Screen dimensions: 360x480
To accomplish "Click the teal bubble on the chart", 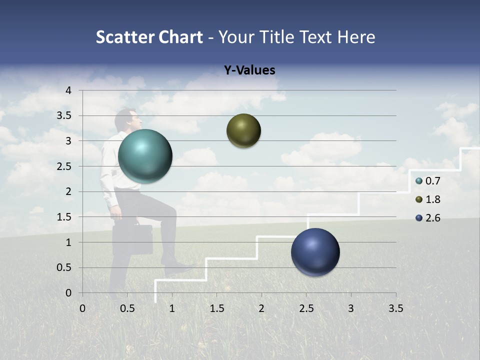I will pos(145,156).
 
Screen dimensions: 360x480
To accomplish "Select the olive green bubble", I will pos(243,130).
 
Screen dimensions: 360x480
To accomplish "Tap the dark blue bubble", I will pos(315,252).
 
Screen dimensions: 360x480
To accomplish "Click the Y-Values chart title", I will pos(249,70).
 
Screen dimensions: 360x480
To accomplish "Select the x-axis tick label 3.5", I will pos(395,308).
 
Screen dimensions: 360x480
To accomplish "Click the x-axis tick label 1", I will pos(172,308).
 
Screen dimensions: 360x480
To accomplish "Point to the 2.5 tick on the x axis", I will pos(306,308).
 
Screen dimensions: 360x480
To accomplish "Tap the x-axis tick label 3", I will pos(350,308).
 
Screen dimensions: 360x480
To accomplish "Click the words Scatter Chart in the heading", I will pos(149,37).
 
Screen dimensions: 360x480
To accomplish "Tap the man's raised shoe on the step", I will pos(179,268).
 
